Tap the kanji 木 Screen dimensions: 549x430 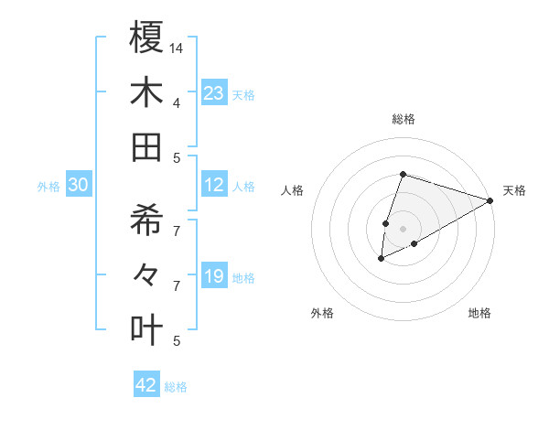click(x=147, y=92)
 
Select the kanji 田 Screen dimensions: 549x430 click(x=147, y=147)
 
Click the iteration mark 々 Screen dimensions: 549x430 click(x=147, y=273)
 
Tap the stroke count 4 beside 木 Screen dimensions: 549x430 click(x=177, y=102)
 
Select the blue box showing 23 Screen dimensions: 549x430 click(x=214, y=92)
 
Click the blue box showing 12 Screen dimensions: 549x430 click(x=214, y=185)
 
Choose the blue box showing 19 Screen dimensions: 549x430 click(x=214, y=276)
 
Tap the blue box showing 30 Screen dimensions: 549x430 click(x=79, y=186)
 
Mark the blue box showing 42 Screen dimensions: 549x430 click(x=146, y=385)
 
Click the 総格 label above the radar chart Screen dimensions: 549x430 click(x=404, y=119)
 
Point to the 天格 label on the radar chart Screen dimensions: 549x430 click(x=514, y=190)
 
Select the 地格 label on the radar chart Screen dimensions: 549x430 click(x=479, y=313)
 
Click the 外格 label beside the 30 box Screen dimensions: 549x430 click(x=48, y=187)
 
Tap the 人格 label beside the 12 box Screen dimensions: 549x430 click(x=243, y=186)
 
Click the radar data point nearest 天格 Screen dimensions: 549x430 click(x=490, y=201)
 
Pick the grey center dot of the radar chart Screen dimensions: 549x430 click(x=404, y=228)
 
